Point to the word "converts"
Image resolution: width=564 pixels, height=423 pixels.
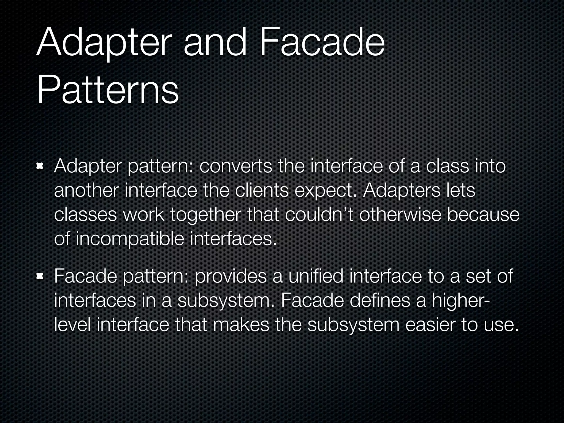(236, 167)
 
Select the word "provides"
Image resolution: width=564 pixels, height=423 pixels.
(231, 276)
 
